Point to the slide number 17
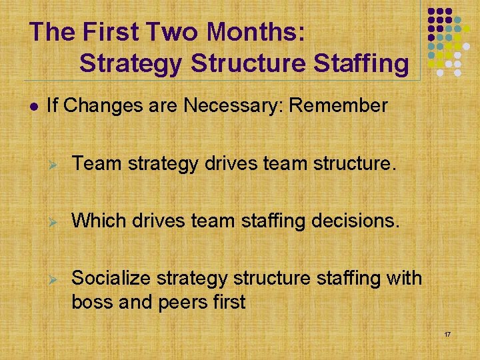(x=447, y=333)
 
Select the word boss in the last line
(x=91, y=302)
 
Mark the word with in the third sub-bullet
(x=403, y=277)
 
